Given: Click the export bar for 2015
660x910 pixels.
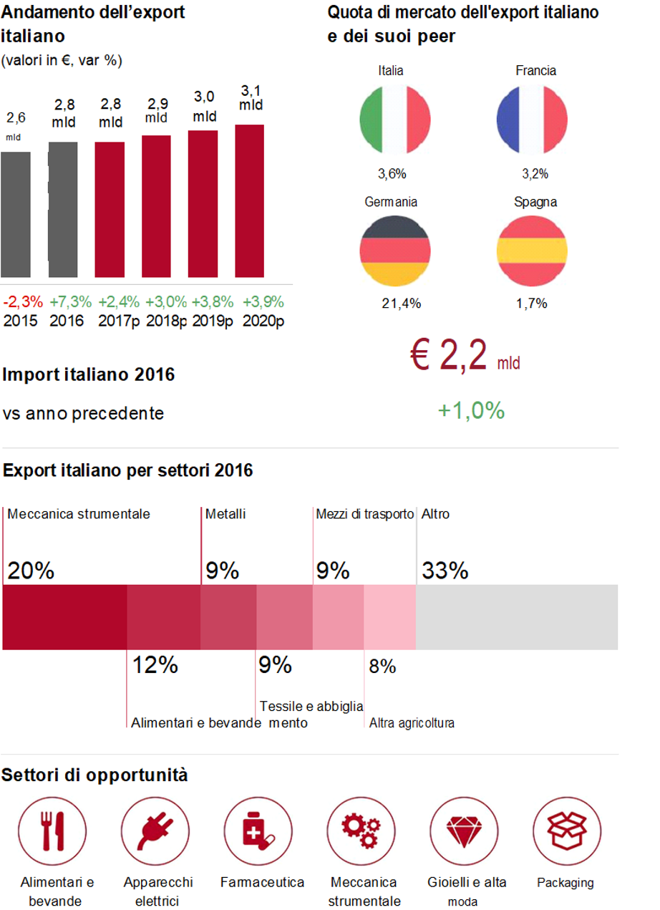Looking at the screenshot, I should tap(15, 214).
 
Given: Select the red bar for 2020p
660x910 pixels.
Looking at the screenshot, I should tap(249, 201).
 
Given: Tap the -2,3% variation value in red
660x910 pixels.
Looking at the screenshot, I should tap(23, 301).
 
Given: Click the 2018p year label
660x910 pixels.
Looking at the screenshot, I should tap(166, 321).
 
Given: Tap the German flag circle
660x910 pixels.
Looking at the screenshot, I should tap(394, 251).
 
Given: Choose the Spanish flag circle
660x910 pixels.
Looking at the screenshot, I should tap(531, 251).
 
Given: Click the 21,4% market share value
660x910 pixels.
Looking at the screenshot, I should tap(401, 304).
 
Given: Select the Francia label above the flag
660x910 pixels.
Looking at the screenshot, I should tap(535, 70).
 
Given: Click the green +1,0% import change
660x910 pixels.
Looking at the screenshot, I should tap(471, 410).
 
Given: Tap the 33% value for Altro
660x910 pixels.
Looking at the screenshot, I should tap(445, 571).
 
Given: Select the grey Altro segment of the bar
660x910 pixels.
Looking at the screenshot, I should tap(516, 616).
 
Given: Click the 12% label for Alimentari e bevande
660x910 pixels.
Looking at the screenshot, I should tap(155, 665).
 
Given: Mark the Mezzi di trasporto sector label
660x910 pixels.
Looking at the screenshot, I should tap(364, 514).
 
